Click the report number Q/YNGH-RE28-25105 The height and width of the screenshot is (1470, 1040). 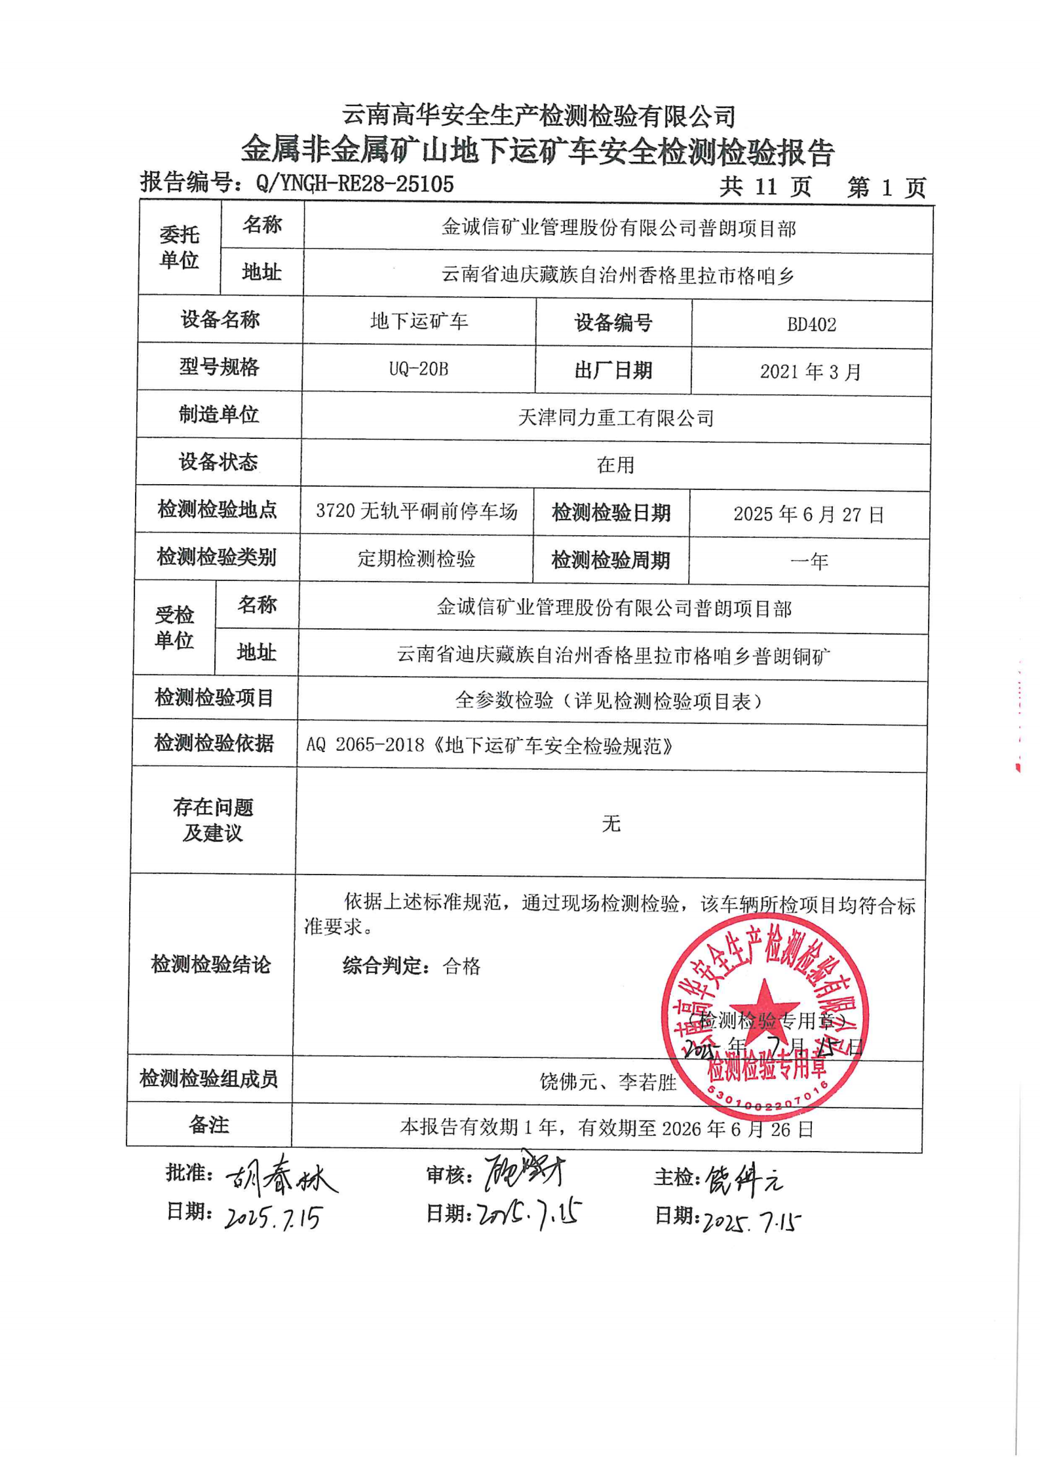[355, 183]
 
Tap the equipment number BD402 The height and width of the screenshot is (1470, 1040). [811, 324]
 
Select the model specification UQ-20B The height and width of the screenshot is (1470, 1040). [419, 369]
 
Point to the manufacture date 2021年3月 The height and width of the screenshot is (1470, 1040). [810, 371]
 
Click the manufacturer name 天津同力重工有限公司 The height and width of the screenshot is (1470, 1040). [615, 417]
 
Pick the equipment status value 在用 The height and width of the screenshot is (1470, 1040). [615, 464]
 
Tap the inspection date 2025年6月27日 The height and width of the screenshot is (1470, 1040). [809, 514]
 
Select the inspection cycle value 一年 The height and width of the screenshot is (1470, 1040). [809, 561]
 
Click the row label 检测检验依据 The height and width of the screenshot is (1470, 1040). [214, 743]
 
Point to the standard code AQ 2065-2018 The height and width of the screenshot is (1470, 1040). [365, 745]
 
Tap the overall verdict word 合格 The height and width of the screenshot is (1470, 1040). [462, 966]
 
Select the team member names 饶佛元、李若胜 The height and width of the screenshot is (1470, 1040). [607, 1082]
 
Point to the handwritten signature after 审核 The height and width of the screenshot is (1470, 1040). [524, 1173]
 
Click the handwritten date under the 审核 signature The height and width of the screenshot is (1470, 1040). [530, 1215]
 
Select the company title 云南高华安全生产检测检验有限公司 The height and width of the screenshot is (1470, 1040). [538, 116]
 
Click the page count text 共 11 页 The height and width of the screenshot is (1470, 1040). [765, 187]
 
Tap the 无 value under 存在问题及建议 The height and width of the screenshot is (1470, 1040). [611, 823]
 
